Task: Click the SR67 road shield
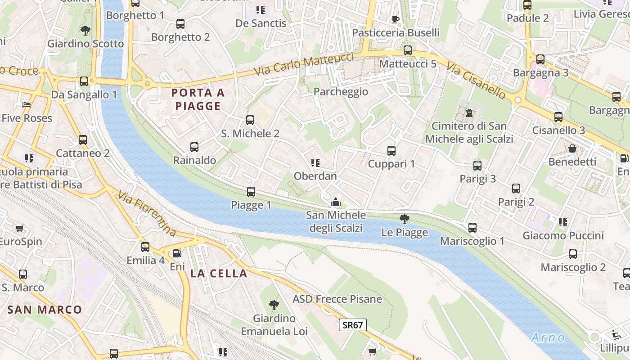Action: pyautogui.click(x=352, y=325)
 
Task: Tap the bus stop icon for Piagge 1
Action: pyautogui.click(x=251, y=192)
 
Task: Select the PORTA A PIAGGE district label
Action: pyautogui.click(x=198, y=99)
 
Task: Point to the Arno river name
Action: pyautogui.click(x=548, y=337)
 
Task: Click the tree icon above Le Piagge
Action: pyautogui.click(x=404, y=219)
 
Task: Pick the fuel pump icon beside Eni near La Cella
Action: pyautogui.click(x=178, y=253)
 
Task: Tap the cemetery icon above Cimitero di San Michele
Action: pyautogui.click(x=469, y=112)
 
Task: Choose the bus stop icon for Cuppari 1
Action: pyautogui.click(x=391, y=151)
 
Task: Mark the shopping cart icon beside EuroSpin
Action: pyautogui.click(x=20, y=229)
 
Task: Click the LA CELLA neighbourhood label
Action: pyautogui.click(x=219, y=274)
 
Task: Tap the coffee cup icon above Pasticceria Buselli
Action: pyautogui.click(x=395, y=19)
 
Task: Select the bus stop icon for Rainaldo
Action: pyautogui.click(x=194, y=147)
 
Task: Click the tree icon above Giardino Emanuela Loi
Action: pyautogui.click(x=274, y=305)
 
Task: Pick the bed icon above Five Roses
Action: pyautogui.click(x=27, y=105)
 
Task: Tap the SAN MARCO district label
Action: pyautogui.click(x=45, y=310)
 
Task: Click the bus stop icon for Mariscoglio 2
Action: pyautogui.click(x=573, y=254)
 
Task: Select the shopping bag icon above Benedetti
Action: pyautogui.click(x=572, y=148)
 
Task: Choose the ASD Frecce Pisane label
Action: pyautogui.click(x=337, y=299)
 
